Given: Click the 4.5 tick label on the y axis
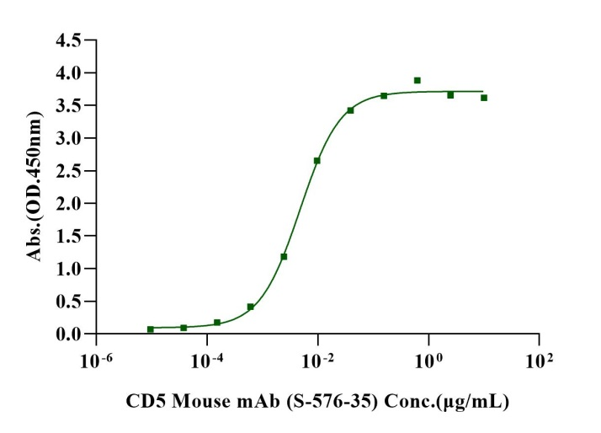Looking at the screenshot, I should click(x=68, y=40).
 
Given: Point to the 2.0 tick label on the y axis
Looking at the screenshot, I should click(x=68, y=204).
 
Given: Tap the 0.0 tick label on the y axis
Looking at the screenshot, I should click(x=68, y=334).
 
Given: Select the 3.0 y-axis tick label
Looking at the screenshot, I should click(x=68, y=138).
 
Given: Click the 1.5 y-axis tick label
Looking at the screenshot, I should click(x=68, y=237).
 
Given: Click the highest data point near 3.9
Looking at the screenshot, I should click(x=417, y=81).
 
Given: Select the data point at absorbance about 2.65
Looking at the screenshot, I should click(x=316, y=161).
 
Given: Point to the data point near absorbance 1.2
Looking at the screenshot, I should click(x=284, y=256).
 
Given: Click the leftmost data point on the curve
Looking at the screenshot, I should click(x=151, y=329).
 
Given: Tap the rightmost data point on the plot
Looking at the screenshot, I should click(x=484, y=98).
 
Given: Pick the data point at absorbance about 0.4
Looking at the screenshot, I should click(x=251, y=307).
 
